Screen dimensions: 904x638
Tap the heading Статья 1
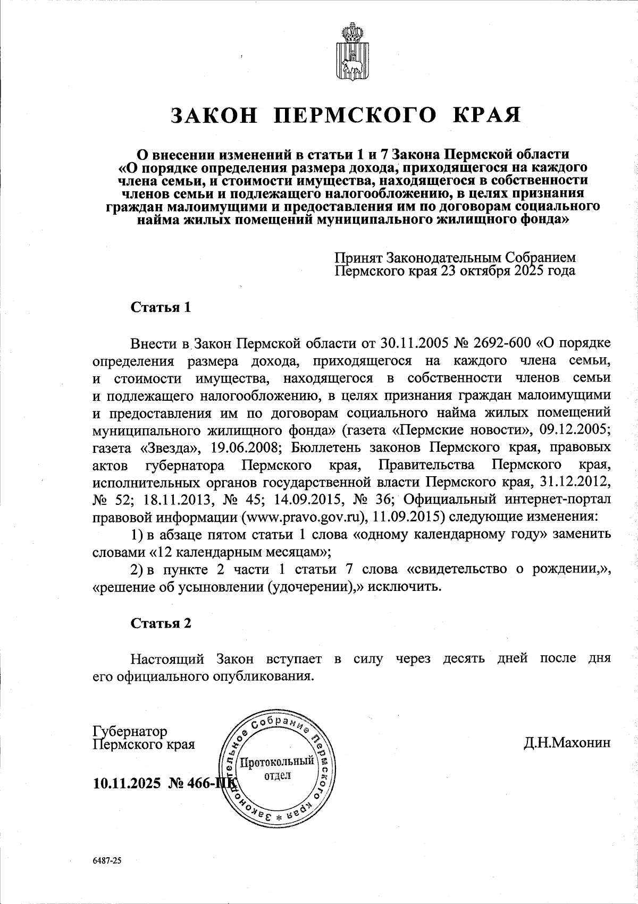tap(161, 308)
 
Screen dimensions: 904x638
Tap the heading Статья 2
tap(161, 623)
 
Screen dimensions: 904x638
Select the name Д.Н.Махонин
tap(567, 743)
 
